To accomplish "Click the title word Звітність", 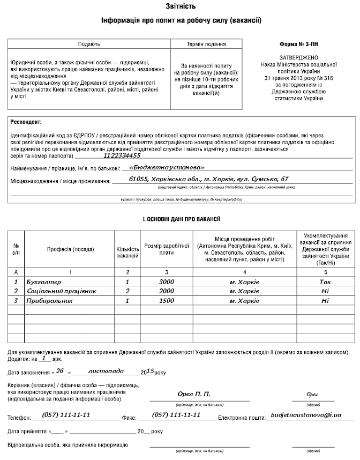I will [181, 6].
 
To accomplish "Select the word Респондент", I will [26, 122].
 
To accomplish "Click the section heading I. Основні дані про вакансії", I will [181, 219].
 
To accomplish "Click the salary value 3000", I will [167, 281].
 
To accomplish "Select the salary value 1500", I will [167, 301].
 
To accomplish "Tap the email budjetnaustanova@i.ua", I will [306, 416].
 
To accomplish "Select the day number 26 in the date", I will [61, 371].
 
